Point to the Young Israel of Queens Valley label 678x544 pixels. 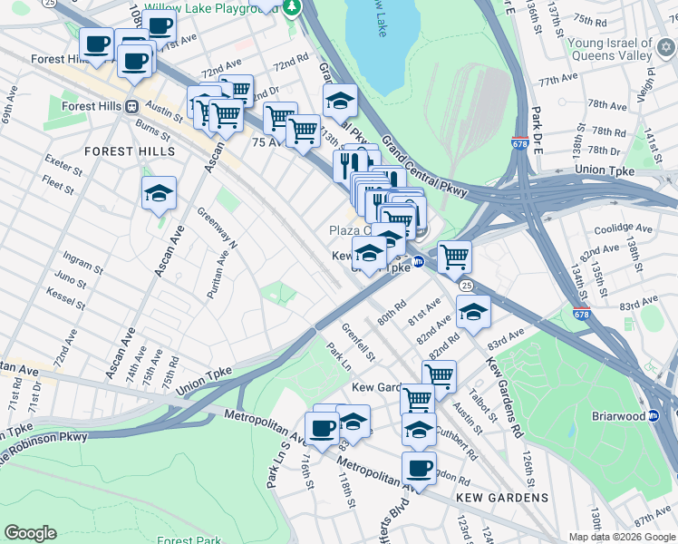[609, 49]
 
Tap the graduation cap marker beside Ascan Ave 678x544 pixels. [159, 193]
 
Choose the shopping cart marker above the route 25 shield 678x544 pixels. [453, 257]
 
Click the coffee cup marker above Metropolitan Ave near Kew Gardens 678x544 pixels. [419, 468]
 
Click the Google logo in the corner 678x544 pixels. [30, 533]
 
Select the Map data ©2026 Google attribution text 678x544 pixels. [622, 537]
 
